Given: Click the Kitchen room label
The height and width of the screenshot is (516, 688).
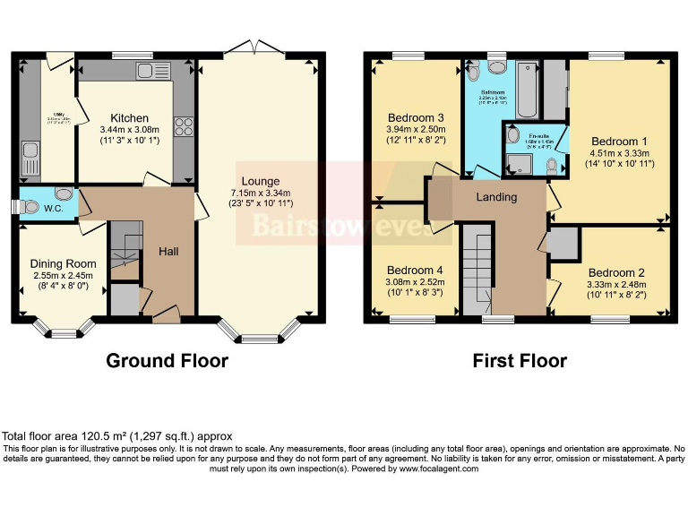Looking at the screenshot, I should [x=129, y=118].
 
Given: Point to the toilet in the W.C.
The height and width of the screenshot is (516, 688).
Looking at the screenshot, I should [x=64, y=194].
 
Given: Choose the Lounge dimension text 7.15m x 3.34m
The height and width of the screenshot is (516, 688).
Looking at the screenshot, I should [x=259, y=194].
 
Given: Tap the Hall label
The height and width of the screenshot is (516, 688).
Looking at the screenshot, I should [x=168, y=252].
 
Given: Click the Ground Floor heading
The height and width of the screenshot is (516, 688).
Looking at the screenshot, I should [x=167, y=361].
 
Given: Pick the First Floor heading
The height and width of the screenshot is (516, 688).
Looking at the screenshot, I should [x=520, y=361].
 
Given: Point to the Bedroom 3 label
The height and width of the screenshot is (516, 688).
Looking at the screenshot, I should [x=416, y=118].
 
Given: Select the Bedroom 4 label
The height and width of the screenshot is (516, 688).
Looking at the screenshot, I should [x=416, y=270].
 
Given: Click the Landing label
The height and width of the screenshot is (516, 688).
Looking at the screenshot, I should [x=495, y=197].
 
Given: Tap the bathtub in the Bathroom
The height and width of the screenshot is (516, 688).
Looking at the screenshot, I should [x=527, y=91].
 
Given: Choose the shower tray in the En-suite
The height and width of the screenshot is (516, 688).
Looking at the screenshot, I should [x=517, y=161].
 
